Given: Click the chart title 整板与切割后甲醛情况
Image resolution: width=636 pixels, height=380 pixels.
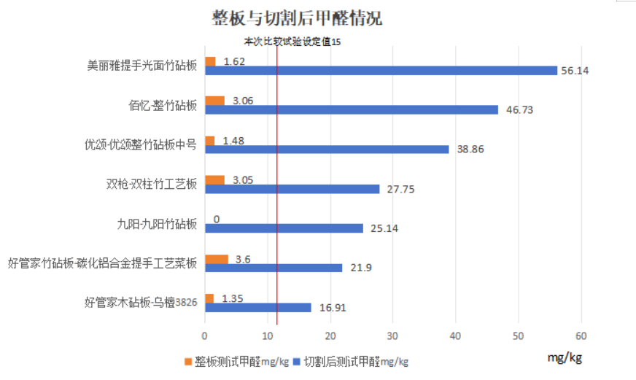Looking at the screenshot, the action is pos(297,18).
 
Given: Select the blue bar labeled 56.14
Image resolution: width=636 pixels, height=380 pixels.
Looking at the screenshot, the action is pos(381,71).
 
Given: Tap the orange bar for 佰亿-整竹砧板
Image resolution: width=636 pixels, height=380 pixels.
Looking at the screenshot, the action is pos(214,101).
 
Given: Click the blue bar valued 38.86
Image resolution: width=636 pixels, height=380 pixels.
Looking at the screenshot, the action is pos(327,150).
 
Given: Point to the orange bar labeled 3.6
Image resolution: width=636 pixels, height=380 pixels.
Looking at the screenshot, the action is pos(216,259).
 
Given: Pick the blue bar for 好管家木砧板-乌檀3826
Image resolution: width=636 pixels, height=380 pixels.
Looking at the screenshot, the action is pos(258,308).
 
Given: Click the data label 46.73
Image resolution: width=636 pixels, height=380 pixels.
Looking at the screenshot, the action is pos(519,110).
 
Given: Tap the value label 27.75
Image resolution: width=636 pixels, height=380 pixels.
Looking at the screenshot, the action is pos(400,190).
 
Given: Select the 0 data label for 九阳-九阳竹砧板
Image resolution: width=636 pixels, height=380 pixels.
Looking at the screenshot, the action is pos(217,220).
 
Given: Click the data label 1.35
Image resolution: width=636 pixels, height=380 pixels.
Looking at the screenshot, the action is pos(233,299).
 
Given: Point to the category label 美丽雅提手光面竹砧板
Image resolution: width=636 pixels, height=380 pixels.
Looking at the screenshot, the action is pos(142,66).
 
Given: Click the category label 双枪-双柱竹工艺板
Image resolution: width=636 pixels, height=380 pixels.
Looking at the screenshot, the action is pos(152,184).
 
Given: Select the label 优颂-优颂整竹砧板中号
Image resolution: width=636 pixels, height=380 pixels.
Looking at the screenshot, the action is pos(141,145).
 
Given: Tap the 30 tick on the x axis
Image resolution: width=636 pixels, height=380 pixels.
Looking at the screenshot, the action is pos(392,336).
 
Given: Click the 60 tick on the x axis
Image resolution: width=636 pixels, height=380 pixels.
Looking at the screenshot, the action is pos(581,336).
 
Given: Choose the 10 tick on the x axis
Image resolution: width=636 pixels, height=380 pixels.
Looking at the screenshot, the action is pos(267,336).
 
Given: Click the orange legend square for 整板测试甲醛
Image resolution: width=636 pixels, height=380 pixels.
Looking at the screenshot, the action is pos(187,361).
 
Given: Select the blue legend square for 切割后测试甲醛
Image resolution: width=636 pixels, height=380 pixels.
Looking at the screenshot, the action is pos(297,361).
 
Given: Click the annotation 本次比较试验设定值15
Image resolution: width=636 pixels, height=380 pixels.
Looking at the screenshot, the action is pos(292,42).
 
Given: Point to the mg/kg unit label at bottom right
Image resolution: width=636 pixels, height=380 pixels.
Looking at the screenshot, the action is pos(565,357).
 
